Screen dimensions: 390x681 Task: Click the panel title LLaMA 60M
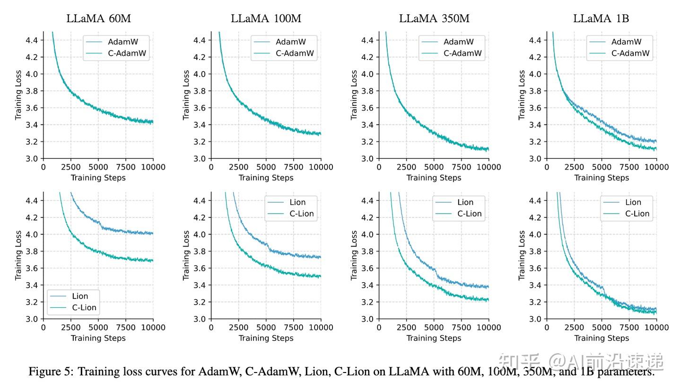click(x=98, y=19)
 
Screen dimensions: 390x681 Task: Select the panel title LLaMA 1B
click(x=601, y=19)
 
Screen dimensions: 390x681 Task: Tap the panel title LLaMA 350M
click(x=434, y=19)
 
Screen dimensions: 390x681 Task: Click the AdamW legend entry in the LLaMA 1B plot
click(x=626, y=42)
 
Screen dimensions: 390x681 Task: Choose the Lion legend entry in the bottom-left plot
click(x=80, y=296)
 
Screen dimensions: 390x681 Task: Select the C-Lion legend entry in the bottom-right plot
click(x=637, y=214)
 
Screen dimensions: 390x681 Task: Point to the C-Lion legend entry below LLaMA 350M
click(x=469, y=214)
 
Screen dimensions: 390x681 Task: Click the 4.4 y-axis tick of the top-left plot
click(x=32, y=40)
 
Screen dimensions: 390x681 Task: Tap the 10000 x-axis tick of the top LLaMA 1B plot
click(x=656, y=167)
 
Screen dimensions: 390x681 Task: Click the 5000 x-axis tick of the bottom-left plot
click(x=98, y=327)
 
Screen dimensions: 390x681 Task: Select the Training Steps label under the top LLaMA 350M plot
click(x=434, y=178)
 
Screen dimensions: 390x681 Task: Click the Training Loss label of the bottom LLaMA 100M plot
click(x=187, y=255)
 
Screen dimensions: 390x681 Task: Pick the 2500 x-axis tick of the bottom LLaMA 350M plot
click(x=406, y=327)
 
